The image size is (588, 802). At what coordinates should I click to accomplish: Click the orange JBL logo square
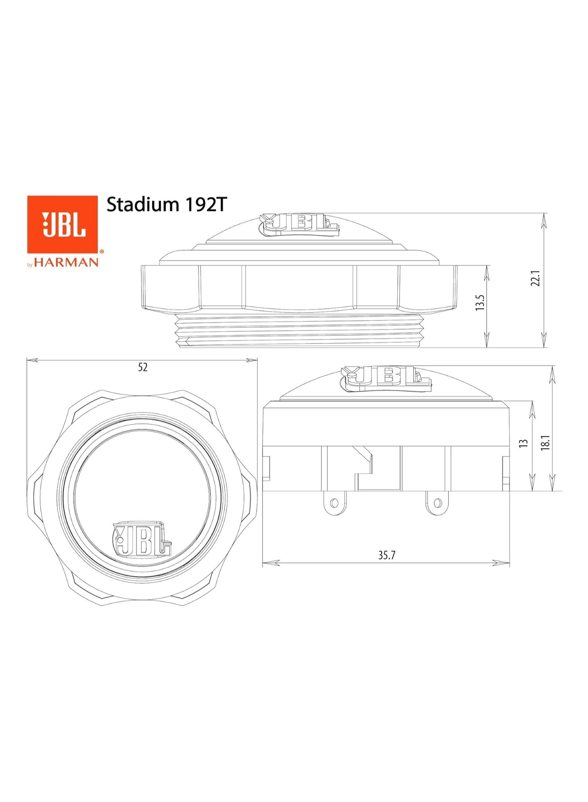63,224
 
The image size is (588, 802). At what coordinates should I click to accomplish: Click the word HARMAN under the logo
66,263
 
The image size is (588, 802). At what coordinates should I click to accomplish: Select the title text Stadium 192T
166,205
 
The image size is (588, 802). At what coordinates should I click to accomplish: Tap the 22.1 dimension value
535,278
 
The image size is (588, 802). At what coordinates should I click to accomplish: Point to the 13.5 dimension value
480,302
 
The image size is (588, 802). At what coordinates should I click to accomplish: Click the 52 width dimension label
143,367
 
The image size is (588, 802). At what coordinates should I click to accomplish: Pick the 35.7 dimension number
386,555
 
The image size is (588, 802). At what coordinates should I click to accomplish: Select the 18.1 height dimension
545,443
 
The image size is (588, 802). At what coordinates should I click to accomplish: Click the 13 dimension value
523,443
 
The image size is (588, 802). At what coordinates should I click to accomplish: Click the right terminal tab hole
438,502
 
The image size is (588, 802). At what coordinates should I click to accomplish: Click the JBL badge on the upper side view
299,223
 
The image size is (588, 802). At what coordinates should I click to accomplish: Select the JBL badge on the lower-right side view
386,376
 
